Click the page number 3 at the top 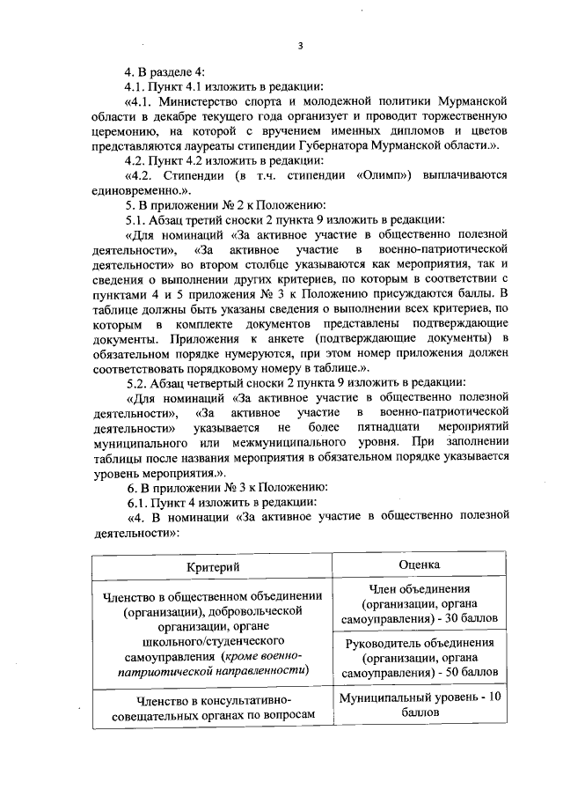(300, 46)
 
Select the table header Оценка (419, 564)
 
